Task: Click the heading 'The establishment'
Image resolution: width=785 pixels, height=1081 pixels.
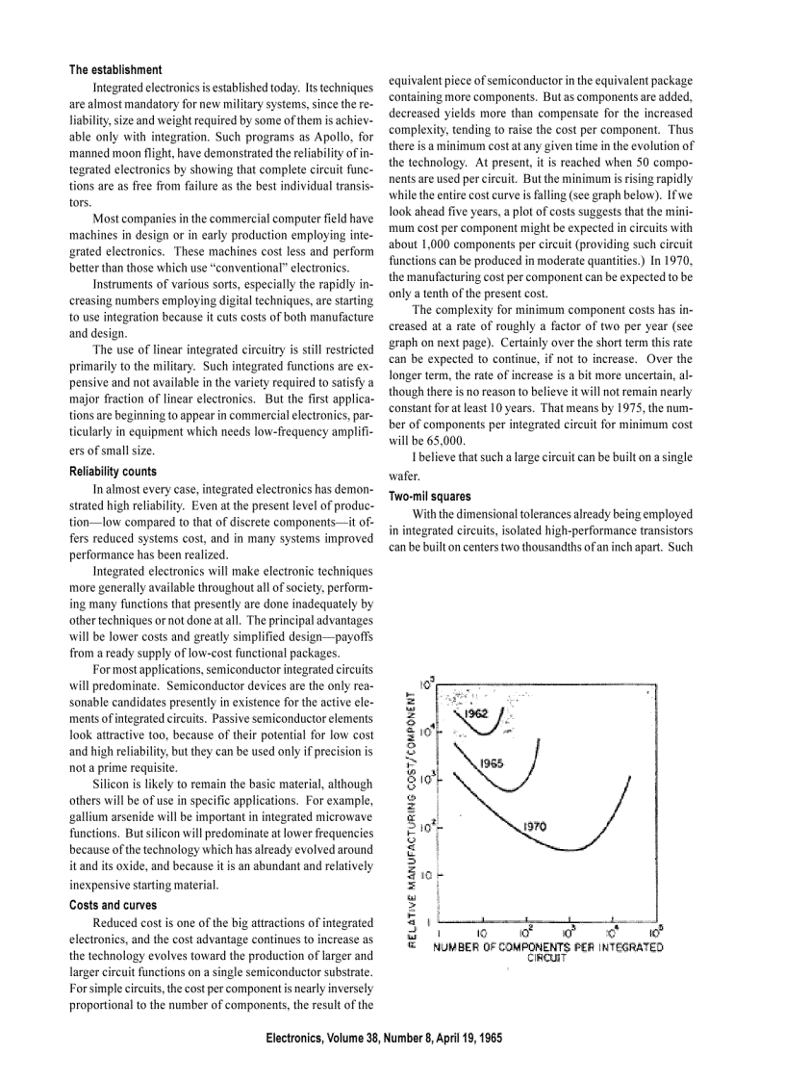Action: pyautogui.click(x=115, y=69)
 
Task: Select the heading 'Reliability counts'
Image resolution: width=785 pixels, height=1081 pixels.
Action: pyautogui.click(x=113, y=472)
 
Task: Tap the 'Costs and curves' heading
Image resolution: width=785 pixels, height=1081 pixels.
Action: pyautogui.click(x=113, y=905)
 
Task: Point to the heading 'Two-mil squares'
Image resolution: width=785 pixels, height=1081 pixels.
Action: pyautogui.click(x=430, y=496)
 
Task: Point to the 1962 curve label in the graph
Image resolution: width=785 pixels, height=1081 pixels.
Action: pyautogui.click(x=476, y=713)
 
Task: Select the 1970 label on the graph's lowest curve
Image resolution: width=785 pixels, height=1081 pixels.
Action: pyautogui.click(x=535, y=826)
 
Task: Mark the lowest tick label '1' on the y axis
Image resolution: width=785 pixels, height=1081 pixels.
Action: pyautogui.click(x=430, y=921)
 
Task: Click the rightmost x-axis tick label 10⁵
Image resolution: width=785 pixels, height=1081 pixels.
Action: pyautogui.click(x=655, y=932)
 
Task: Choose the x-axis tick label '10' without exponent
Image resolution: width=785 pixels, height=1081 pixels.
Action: pyautogui.click(x=482, y=933)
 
